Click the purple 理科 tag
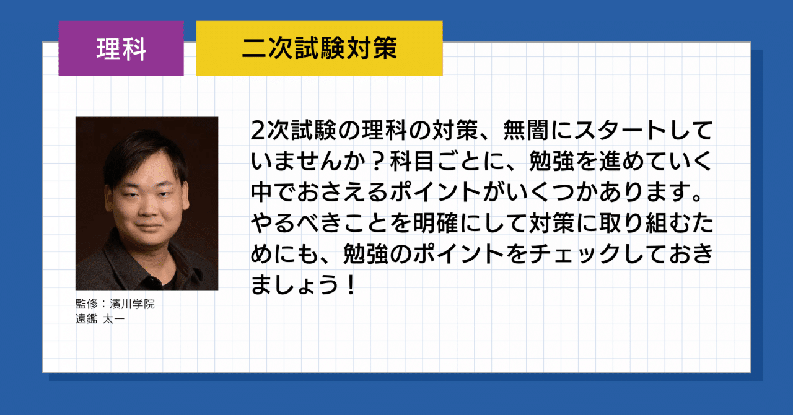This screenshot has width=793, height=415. (x=121, y=48)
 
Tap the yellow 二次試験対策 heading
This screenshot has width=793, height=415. (x=319, y=48)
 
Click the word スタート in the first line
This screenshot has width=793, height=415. (x=620, y=130)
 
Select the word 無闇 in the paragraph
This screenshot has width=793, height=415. (x=526, y=130)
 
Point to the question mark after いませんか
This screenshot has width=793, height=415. (x=378, y=161)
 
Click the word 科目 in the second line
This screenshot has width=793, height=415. (x=412, y=161)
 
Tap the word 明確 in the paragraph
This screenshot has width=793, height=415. (x=436, y=223)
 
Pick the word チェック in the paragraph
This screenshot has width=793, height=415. (x=575, y=254)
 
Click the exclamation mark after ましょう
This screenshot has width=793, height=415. (x=351, y=285)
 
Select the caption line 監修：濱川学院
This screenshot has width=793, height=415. (x=115, y=304)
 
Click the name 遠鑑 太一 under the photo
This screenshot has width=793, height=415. (x=100, y=319)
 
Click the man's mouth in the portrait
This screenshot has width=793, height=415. (x=148, y=227)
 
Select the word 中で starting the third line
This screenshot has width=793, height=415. (x=273, y=192)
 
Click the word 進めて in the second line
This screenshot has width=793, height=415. (x=633, y=161)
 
